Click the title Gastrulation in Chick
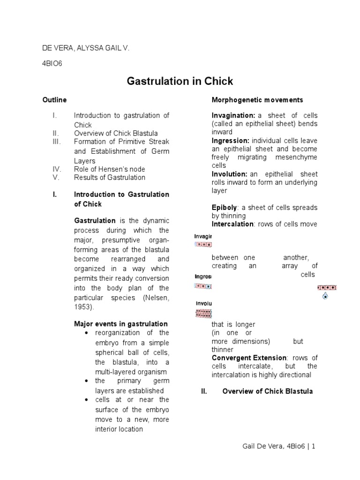tap(180, 81)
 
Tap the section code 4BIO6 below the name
tap(52, 64)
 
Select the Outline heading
tap(54, 100)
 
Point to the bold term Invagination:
tap(233, 115)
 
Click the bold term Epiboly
tap(224, 207)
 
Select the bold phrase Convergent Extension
tap(248, 358)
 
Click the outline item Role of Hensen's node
tap(109, 169)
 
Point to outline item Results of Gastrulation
tap(109, 178)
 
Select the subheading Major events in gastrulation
tap(121, 324)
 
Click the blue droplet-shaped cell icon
tap(325, 296)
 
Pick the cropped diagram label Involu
tap(203, 303)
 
